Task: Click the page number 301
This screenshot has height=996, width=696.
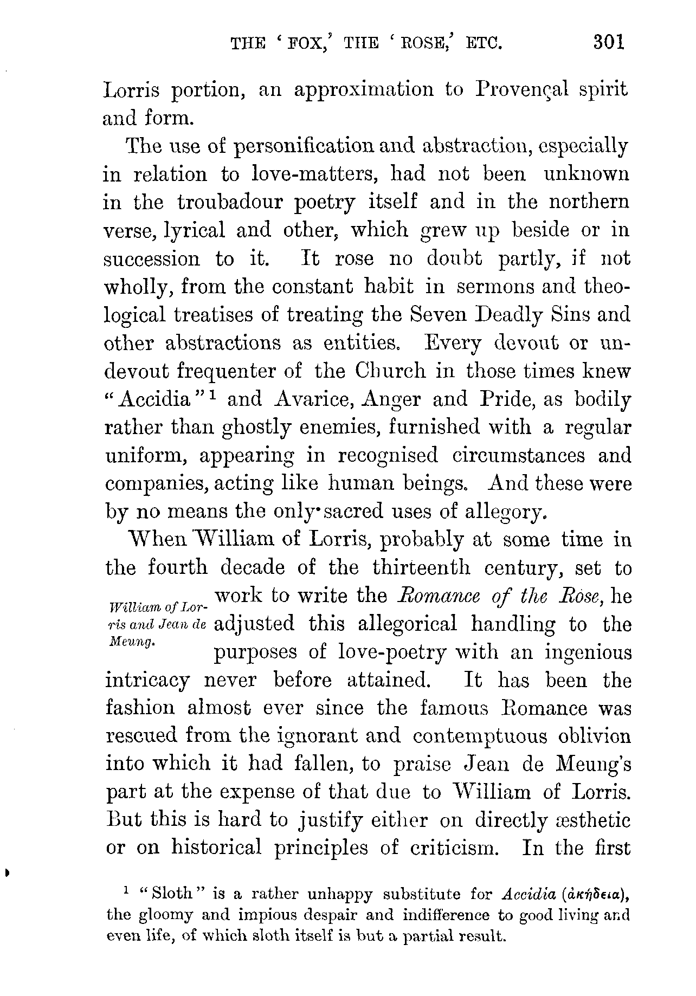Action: (x=609, y=43)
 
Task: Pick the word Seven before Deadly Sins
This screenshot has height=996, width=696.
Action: (x=438, y=315)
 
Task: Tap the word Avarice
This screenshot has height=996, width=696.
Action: (x=314, y=399)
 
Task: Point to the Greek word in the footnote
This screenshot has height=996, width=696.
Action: (x=597, y=894)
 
